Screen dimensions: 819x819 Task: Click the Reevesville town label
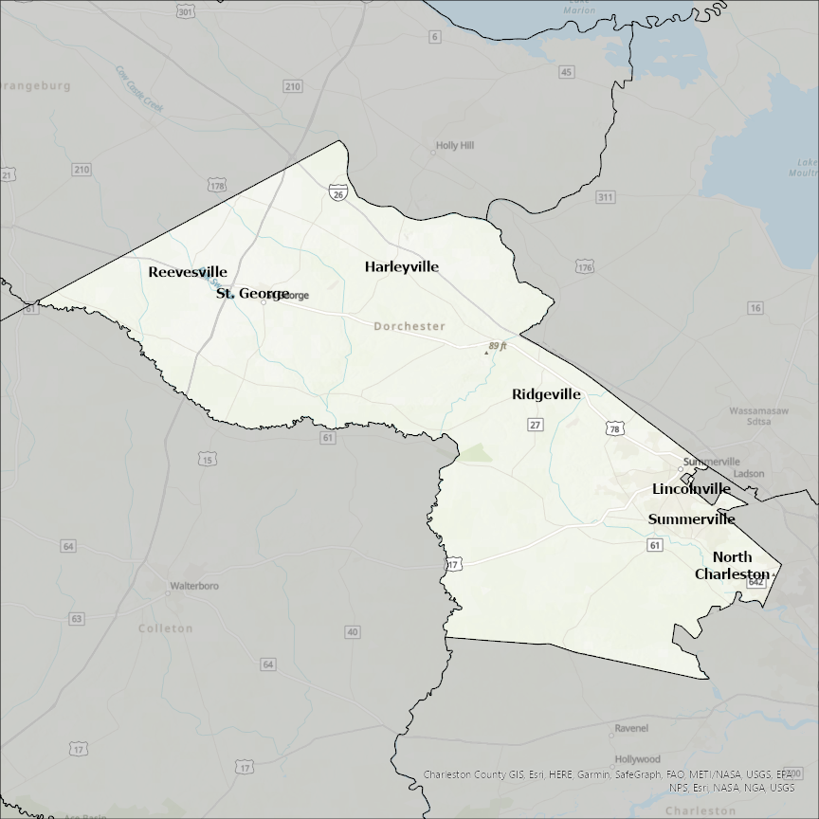pos(188,272)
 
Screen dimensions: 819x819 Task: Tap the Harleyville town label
pos(402,267)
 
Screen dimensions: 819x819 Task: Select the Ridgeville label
pos(546,394)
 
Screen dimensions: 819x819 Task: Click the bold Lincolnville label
pos(691,489)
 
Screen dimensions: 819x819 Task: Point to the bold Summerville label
pos(691,519)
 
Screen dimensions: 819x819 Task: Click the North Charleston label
pos(732,566)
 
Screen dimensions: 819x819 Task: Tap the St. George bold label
pos(252,294)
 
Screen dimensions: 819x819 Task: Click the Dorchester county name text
pos(409,326)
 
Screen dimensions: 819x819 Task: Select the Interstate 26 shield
pos(338,192)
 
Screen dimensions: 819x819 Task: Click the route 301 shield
pos(186,11)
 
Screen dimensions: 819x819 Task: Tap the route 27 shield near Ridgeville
pos(536,425)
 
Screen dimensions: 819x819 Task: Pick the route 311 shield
pos(606,197)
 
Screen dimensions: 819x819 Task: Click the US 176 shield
pos(584,267)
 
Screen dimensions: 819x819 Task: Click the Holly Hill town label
pos(454,146)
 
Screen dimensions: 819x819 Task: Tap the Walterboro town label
pos(193,587)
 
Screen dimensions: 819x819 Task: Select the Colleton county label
pos(165,628)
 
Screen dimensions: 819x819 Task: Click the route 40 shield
pos(353,632)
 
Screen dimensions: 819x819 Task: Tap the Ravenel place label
pos(631,729)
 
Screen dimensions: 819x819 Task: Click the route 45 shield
pos(567,72)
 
